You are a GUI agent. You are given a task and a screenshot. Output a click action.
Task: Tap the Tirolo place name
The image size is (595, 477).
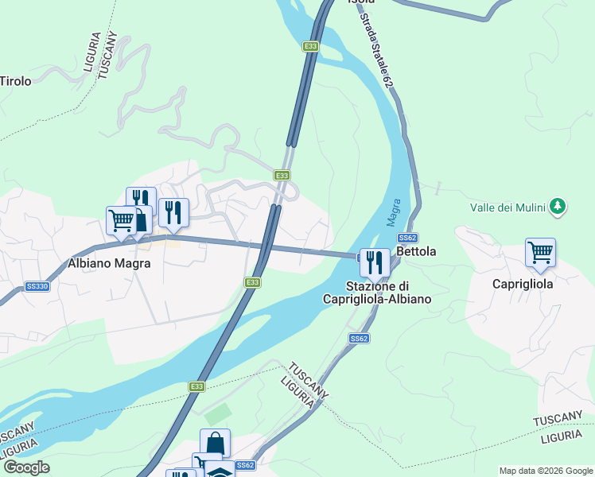pyautogui.click(x=15, y=81)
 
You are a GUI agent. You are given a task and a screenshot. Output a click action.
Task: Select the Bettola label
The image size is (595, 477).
pyautogui.click(x=416, y=252)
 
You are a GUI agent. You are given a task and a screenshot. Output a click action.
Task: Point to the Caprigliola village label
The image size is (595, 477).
pyautogui.click(x=523, y=283)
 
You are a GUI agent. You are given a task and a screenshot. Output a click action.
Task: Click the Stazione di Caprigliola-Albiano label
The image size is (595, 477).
pyautogui.click(x=377, y=293)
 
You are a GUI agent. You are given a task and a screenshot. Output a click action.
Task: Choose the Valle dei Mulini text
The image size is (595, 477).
pyautogui.click(x=507, y=207)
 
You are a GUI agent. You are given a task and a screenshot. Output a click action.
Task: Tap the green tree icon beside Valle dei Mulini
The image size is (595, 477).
pyautogui.click(x=558, y=207)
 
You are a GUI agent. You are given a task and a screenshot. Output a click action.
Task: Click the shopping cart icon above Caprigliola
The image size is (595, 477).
pyautogui.click(x=540, y=252)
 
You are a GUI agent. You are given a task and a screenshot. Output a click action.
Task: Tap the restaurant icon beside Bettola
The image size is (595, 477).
pyautogui.click(x=374, y=262)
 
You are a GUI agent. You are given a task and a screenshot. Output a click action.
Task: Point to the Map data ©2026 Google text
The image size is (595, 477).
pyautogui.click(x=546, y=471)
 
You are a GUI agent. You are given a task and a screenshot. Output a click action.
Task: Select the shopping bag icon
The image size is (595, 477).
pyautogui.click(x=215, y=442)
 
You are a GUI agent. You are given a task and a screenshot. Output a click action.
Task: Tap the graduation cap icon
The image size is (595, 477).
pyautogui.click(x=220, y=471)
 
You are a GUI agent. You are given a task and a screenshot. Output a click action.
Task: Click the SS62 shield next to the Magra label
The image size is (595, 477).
pyautogui.click(x=408, y=238)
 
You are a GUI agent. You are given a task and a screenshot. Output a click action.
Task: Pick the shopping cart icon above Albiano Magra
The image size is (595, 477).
pyautogui.click(x=122, y=219)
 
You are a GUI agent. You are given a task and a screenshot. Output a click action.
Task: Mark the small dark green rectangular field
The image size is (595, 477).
pyautogui.click(x=217, y=414)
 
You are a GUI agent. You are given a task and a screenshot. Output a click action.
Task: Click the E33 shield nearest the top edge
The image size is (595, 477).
pyautogui.click(x=311, y=47)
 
